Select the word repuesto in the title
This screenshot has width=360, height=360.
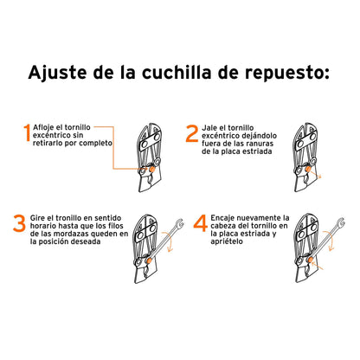click(286, 72)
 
